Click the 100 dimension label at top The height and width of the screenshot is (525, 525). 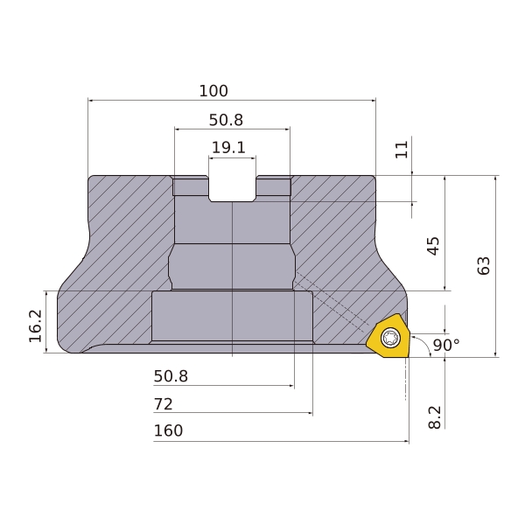[x=213, y=91]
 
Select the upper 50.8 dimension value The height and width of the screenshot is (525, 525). [x=226, y=120]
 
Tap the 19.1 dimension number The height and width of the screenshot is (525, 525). [x=228, y=147]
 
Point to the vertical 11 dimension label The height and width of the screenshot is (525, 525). [x=402, y=150]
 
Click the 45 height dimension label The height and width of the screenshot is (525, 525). [x=434, y=246]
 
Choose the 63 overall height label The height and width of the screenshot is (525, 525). [x=484, y=265]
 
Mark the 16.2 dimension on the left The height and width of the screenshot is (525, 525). [x=36, y=325]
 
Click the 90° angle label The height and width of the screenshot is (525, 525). [x=446, y=345]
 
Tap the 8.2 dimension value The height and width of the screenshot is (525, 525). [x=435, y=417]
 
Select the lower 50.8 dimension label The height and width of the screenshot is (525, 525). [x=171, y=376]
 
